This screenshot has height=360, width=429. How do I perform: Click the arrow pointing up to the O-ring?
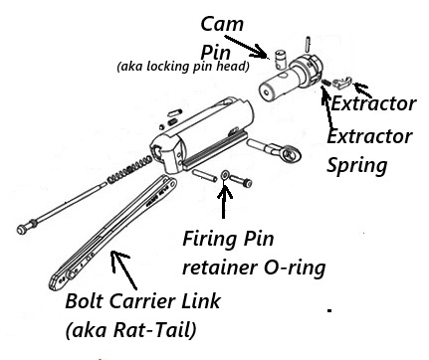tap(224, 199)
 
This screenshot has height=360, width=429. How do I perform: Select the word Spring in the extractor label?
tap(357, 162)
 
